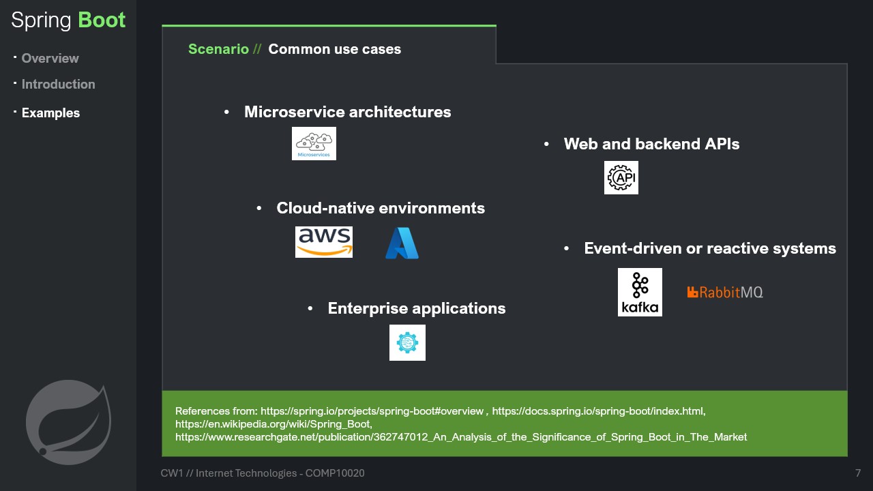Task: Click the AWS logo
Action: coord(323,242)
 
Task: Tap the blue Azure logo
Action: coord(402,243)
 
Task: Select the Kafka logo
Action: coord(640,292)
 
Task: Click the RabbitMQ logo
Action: coord(725,293)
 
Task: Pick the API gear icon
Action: coord(621,178)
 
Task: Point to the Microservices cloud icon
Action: coord(314,143)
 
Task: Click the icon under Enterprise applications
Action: coord(407,342)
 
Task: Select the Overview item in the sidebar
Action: coord(50,59)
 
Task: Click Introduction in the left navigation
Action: coord(58,85)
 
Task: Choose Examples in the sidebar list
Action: coord(50,113)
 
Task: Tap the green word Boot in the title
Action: coord(102,20)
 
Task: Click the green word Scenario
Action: coord(218,49)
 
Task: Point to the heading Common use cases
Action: coord(334,49)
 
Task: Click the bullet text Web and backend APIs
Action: coord(651,144)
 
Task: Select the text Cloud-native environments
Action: coord(381,208)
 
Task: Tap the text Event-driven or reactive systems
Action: coord(709,248)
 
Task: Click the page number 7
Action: coord(857,473)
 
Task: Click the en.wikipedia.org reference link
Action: coord(273,424)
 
